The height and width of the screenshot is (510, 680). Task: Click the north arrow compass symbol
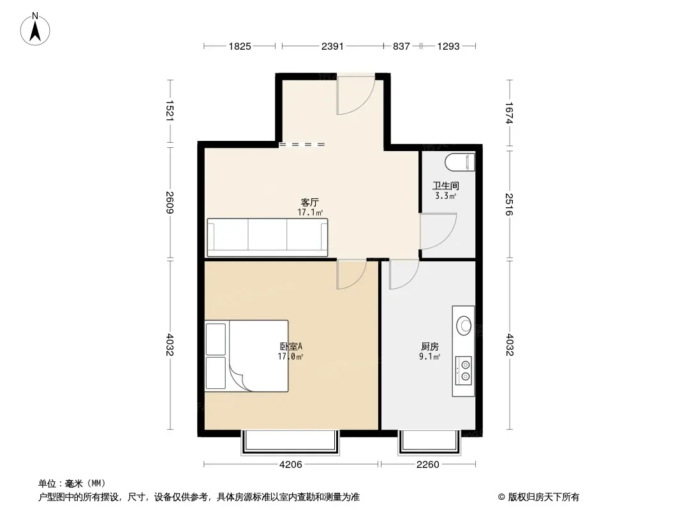(35, 29)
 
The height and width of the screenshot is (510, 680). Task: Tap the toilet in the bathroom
(460, 163)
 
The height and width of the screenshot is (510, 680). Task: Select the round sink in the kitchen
(464, 325)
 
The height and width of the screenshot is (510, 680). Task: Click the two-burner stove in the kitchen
(464, 370)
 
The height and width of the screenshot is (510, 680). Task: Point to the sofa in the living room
(267, 237)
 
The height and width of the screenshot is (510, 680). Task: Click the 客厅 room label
(309, 202)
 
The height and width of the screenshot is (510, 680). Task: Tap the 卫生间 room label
(445, 186)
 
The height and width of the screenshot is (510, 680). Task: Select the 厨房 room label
(430, 347)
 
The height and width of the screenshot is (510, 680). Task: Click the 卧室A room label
(290, 347)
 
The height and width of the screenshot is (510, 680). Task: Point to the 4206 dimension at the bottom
(290, 465)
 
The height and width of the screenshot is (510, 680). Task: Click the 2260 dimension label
(427, 465)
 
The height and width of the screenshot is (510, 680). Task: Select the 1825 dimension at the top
(240, 46)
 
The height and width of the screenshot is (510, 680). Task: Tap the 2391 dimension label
(332, 46)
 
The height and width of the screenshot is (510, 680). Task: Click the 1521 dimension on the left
(170, 111)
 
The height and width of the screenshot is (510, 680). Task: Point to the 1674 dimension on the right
(509, 113)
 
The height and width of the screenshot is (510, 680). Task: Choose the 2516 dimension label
(509, 205)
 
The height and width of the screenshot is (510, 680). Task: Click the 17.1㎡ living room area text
(310, 212)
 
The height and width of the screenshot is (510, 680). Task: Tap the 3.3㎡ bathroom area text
(445, 196)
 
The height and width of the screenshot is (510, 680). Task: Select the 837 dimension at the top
(401, 46)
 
